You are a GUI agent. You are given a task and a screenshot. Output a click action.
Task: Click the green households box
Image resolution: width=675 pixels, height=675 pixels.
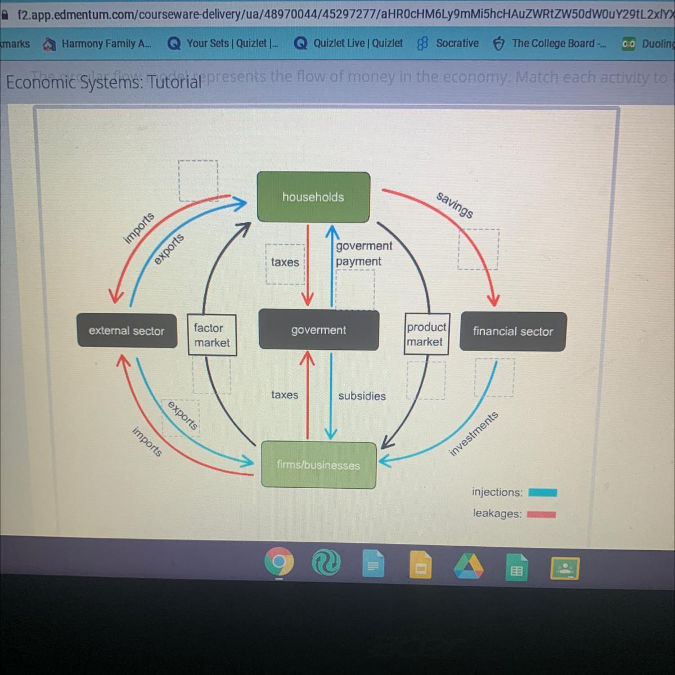click(x=313, y=197)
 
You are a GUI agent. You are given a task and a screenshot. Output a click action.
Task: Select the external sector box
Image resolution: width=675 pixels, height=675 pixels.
click(x=127, y=331)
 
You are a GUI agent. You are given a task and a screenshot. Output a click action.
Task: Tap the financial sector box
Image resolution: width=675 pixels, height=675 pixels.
click(x=512, y=331)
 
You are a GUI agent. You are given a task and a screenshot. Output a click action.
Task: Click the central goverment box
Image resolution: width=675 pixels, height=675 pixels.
click(x=318, y=330)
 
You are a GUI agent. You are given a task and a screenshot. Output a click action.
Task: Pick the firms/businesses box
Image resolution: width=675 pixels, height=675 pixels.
click(x=318, y=465)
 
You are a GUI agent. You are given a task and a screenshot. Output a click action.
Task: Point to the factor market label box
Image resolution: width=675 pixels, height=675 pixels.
click(x=211, y=335)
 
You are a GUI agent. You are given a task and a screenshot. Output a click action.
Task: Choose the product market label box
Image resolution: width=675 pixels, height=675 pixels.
click(x=426, y=334)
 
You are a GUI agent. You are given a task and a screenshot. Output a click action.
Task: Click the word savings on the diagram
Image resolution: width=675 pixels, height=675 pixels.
click(x=455, y=205)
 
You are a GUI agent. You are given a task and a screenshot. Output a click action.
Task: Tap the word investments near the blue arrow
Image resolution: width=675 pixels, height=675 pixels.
click(x=474, y=433)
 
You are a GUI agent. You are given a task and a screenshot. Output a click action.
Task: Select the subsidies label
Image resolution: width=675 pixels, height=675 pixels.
click(x=362, y=396)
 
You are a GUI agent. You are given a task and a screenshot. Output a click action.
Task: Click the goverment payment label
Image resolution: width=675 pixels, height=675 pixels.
click(x=363, y=253)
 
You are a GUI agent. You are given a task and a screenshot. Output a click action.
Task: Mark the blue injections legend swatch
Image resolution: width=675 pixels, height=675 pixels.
click(x=542, y=493)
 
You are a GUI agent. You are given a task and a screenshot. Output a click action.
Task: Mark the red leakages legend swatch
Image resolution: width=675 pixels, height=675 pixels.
click(x=541, y=514)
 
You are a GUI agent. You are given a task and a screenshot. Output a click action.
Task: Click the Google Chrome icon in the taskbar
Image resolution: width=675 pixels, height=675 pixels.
click(x=279, y=562)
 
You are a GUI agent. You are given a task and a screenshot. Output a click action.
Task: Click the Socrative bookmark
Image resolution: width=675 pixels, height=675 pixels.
click(x=448, y=43)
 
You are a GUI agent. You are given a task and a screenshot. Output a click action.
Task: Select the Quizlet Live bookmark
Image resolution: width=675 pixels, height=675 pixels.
click(x=349, y=43)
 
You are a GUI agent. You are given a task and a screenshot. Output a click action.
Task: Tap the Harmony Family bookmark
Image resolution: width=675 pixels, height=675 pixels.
click(x=98, y=43)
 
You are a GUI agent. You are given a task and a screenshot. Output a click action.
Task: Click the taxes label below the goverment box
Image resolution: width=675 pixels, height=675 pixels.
click(x=285, y=395)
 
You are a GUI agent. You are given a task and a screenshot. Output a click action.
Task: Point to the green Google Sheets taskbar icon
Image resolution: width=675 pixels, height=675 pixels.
click(x=516, y=568)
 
